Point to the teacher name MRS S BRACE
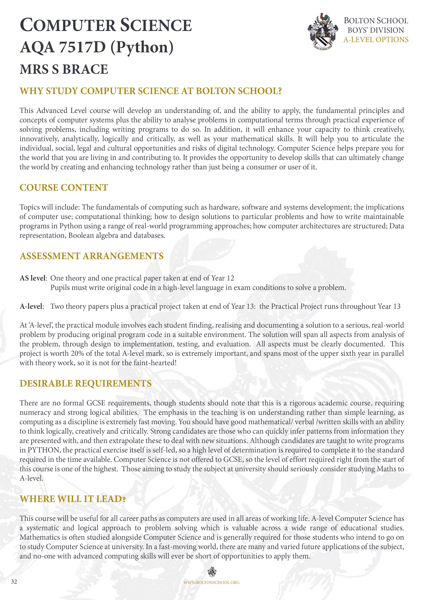tap(64, 69)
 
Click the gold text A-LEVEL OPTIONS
tap(376, 40)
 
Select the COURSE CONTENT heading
tap(64, 188)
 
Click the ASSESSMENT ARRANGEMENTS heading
tap(91, 256)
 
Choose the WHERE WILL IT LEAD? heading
tap(73, 499)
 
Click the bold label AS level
tap(33, 278)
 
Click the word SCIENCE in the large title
tap(156, 25)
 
